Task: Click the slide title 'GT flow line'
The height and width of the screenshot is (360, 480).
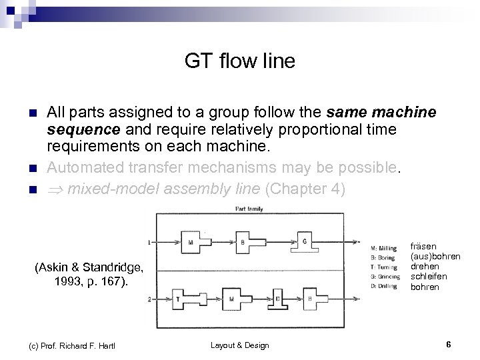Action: coord(239,62)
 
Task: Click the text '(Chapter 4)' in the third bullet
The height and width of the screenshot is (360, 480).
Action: coord(305,189)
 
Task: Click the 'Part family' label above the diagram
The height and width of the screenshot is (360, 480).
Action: coord(249,209)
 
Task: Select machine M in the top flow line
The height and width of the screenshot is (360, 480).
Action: coord(191,242)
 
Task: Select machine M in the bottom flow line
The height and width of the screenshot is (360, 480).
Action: coord(231,299)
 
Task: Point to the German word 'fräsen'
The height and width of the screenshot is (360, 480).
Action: coord(424,246)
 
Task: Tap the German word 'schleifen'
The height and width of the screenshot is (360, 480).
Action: coord(429,276)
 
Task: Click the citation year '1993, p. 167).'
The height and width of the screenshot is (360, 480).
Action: coord(89,281)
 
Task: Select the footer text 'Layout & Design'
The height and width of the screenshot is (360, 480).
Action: coord(240,345)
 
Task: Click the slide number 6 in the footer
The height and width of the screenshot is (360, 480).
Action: coord(448,345)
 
